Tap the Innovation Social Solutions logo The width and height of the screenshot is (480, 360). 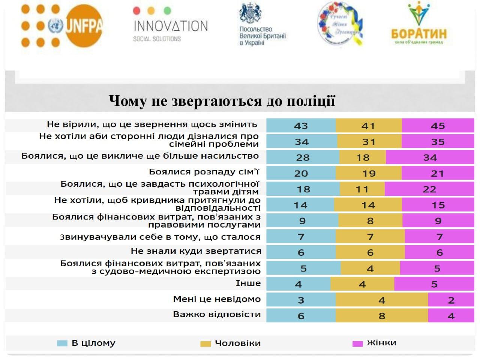[x=170, y=25]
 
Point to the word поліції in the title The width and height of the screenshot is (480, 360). [x=310, y=101]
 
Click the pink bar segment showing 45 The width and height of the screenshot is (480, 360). [x=438, y=126]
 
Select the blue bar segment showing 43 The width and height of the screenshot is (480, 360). [x=301, y=126]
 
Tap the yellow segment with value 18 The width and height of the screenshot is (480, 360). [x=363, y=157]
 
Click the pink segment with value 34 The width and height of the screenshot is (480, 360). [x=430, y=157]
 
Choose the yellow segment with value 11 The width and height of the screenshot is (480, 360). [x=362, y=189]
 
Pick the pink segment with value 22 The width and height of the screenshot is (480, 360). [x=429, y=189]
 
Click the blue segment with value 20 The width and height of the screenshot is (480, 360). [x=301, y=173]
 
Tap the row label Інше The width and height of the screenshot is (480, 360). [x=248, y=283]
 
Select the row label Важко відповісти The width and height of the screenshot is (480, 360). [x=217, y=314]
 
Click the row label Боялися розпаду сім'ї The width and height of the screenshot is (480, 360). [x=204, y=172]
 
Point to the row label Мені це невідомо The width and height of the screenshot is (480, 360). [x=217, y=299]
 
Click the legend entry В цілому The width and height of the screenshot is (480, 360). [x=93, y=343]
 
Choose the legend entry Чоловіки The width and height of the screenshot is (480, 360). [x=237, y=343]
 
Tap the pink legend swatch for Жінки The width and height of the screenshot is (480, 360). [x=357, y=343]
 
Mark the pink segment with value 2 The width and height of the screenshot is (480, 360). [x=451, y=300]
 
